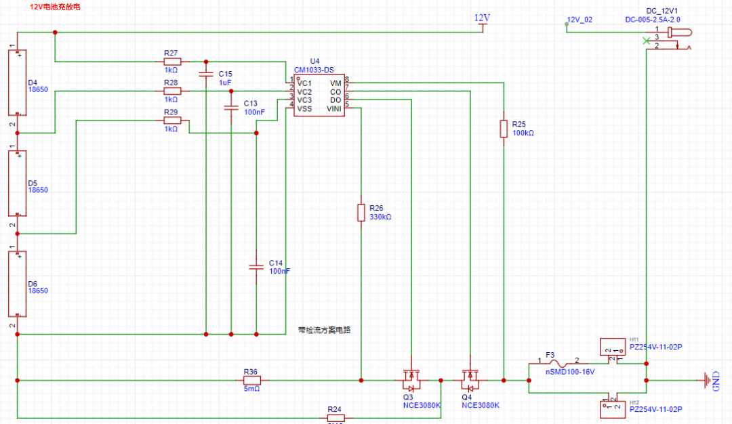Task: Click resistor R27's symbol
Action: click(x=172, y=61)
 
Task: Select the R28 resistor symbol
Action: click(x=172, y=91)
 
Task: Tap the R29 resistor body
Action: click(x=172, y=121)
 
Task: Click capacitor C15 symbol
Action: click(x=205, y=73)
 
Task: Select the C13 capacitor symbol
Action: click(x=231, y=107)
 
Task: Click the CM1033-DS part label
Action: click(x=314, y=70)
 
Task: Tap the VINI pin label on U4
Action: click(x=334, y=108)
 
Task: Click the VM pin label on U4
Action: click(x=336, y=83)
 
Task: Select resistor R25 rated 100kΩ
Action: click(x=504, y=129)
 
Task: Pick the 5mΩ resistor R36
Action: click(x=251, y=380)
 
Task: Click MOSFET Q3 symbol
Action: click(x=411, y=378)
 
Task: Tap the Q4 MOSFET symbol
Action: click(x=470, y=378)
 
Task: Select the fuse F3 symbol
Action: click(x=558, y=364)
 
